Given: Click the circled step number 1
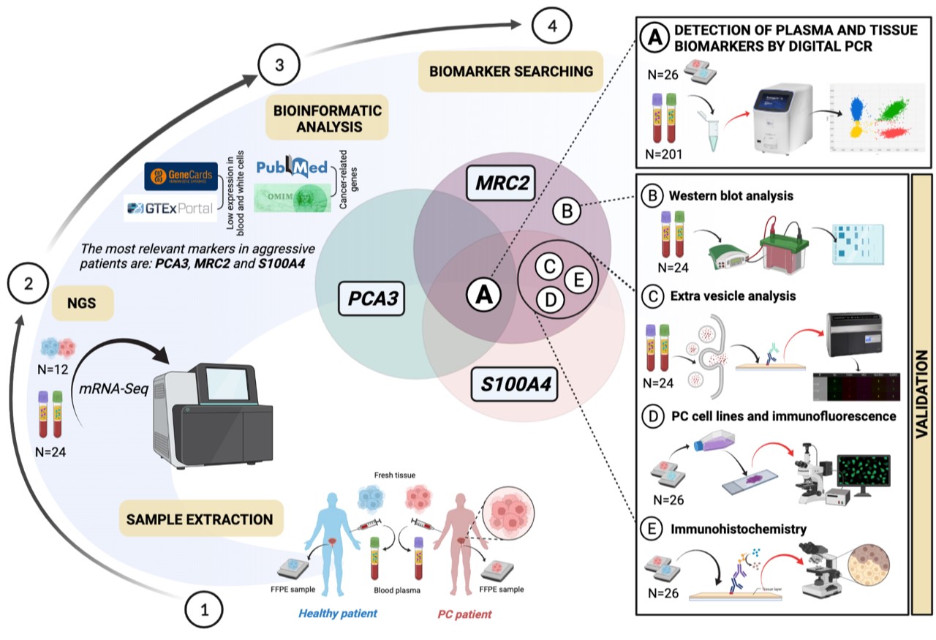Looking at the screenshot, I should click(x=205, y=607).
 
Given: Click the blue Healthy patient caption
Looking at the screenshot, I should click(x=337, y=613).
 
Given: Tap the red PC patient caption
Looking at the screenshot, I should click(x=468, y=613).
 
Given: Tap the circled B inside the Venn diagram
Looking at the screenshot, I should click(x=566, y=212).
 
